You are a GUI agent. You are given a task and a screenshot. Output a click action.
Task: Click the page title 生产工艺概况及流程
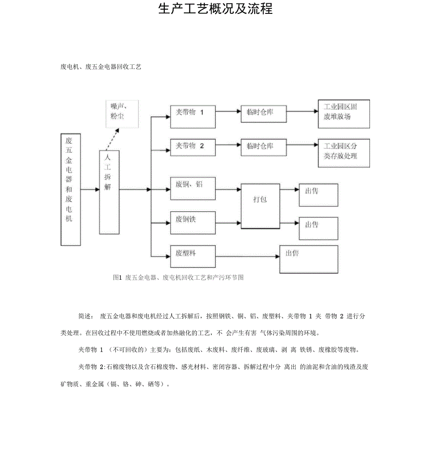tap(215, 9)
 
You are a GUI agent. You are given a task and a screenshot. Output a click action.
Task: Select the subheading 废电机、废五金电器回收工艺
tap(100, 67)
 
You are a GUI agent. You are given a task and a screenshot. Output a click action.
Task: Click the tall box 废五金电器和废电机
tap(70, 189)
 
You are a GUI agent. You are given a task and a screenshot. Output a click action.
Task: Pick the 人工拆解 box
tap(109, 192)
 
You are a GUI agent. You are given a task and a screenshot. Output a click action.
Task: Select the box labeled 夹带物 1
tap(193, 116)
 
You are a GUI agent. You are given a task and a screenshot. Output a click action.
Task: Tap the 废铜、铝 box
tap(193, 189)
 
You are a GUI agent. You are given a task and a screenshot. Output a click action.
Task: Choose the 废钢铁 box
tap(193, 223)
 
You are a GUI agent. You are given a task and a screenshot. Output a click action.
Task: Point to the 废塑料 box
tap(193, 256)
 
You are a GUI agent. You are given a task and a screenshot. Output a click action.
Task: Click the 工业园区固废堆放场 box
tap(343, 114)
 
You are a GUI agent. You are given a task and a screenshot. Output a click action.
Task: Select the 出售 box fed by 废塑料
tap(308, 259)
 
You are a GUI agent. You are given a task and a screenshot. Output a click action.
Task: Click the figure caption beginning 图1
tap(178, 277)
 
